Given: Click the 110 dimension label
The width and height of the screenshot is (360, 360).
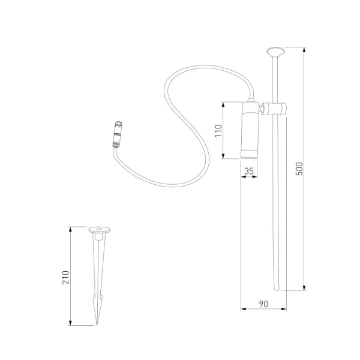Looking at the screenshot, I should (x=218, y=130).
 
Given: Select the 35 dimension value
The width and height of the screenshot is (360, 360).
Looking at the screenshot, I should (x=250, y=172).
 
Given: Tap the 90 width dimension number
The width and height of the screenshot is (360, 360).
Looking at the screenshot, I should (x=262, y=305).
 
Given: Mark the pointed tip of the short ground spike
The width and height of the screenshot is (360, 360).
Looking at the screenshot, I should (x=97, y=325).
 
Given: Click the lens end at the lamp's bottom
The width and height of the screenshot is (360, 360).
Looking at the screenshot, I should (x=250, y=155).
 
